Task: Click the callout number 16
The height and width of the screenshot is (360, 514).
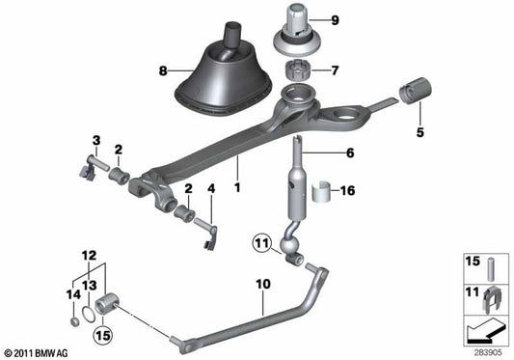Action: click(348, 191)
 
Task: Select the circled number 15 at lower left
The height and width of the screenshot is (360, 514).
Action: click(103, 336)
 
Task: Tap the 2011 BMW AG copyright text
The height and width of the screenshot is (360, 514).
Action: click(37, 350)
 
